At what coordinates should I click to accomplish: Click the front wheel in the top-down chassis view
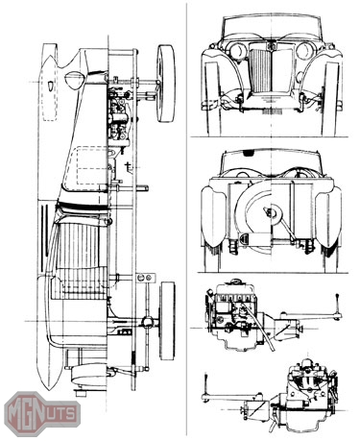pos(166,83)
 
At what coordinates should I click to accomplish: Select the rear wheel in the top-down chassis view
pos(168,321)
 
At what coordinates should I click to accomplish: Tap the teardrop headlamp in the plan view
pos(76,80)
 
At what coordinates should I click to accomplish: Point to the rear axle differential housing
pos(147,321)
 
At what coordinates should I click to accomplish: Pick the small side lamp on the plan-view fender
pos(51,86)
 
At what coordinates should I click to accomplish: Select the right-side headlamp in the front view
pos(304,50)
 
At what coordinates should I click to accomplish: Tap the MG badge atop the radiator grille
pos(271,45)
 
